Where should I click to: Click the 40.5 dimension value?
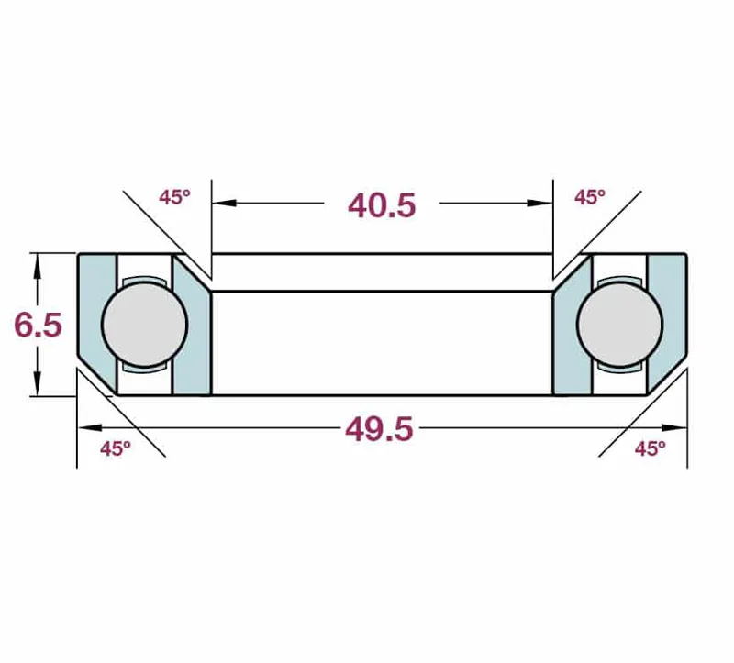(382, 205)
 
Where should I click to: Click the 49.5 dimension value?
(379, 429)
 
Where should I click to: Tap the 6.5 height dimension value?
(38, 325)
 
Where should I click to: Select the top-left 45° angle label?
(174, 197)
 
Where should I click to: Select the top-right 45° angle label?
(590, 197)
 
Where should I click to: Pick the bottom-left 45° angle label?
(116, 448)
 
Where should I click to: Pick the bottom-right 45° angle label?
(651, 448)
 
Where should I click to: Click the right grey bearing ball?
(620, 325)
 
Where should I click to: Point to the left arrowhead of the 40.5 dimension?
(223, 203)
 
